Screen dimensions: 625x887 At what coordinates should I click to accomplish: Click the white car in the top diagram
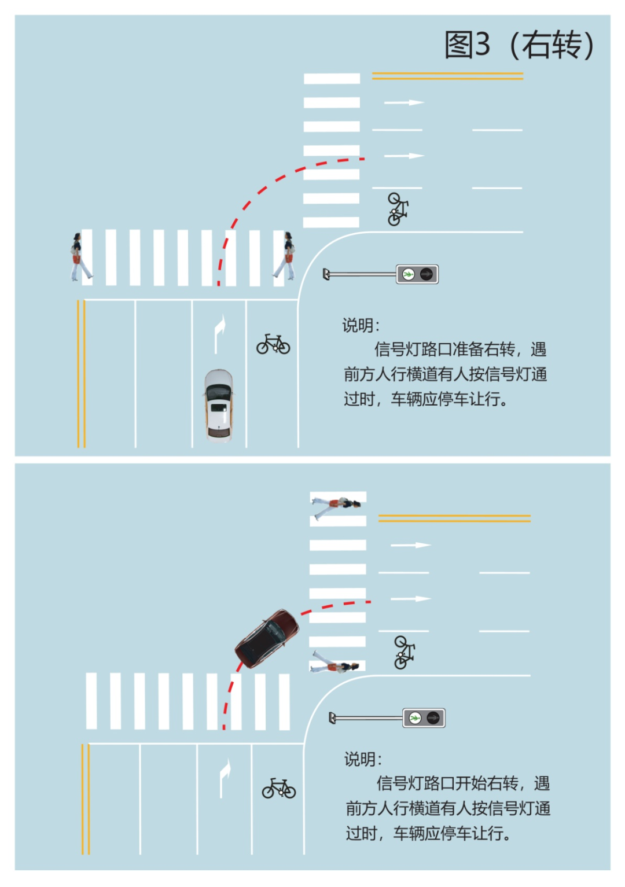(219, 405)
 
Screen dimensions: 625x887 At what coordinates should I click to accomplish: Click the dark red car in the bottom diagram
(266, 639)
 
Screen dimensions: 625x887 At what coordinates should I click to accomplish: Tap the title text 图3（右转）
(519, 45)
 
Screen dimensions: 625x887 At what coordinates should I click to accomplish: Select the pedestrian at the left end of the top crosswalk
(81, 256)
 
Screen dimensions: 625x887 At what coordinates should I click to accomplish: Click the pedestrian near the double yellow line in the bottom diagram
(337, 507)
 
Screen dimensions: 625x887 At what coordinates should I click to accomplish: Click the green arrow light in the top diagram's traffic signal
(408, 274)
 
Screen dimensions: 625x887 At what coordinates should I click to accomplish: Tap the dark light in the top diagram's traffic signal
(426, 274)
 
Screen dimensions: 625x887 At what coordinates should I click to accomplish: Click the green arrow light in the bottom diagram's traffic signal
(415, 717)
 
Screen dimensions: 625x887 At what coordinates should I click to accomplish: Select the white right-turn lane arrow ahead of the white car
(219, 334)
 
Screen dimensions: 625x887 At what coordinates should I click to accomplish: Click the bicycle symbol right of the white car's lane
(273, 344)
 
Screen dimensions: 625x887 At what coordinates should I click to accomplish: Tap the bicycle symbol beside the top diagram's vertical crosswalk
(398, 209)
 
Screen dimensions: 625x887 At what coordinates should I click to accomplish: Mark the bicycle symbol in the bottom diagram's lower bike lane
(279, 788)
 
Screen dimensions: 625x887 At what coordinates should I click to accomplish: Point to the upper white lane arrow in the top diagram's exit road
(404, 102)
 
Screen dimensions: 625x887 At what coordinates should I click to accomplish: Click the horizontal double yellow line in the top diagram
(447, 76)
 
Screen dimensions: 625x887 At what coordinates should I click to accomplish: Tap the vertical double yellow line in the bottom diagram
(86, 799)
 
